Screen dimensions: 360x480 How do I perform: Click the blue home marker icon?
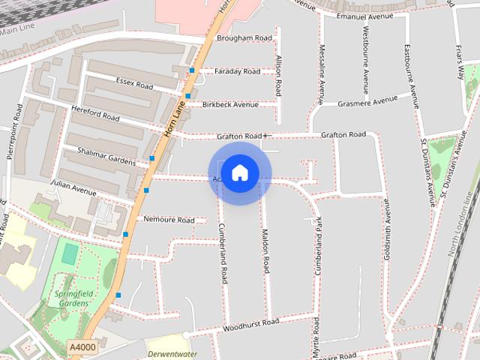click(239, 173)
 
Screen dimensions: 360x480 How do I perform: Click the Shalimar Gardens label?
click(107, 156)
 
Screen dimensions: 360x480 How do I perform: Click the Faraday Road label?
click(237, 71)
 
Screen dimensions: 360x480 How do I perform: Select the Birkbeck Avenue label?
click(229, 104)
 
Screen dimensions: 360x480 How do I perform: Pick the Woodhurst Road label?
click(250, 325)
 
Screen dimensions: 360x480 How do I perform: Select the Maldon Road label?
click(265, 251)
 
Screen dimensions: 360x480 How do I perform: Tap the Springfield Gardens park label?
click(72, 298)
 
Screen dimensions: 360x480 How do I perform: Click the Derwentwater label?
click(172, 353)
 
